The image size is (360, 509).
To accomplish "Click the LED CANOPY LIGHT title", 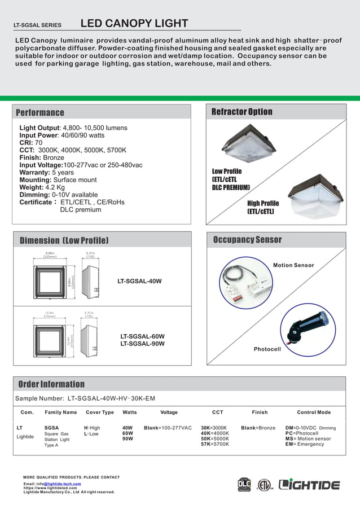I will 134,23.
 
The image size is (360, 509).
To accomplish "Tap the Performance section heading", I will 40,112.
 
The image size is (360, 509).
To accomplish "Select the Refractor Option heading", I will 242,112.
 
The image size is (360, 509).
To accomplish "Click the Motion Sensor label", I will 293,265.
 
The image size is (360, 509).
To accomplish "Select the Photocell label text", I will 267,349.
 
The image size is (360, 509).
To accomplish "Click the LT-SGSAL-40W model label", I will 139,280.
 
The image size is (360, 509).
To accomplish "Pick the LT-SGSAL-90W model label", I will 142,344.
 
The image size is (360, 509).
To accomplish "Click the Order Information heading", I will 51,384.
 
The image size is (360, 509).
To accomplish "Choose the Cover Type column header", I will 100,413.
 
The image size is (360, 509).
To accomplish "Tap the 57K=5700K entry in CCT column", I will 215,444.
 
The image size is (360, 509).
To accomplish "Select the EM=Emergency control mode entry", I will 305,444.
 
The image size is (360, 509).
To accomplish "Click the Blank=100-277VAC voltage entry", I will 168,428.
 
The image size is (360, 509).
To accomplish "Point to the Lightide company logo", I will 310,485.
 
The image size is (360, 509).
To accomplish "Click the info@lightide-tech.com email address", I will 62,484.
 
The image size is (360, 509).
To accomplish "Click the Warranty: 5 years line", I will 47,172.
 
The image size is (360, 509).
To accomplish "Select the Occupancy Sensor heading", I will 247,240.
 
